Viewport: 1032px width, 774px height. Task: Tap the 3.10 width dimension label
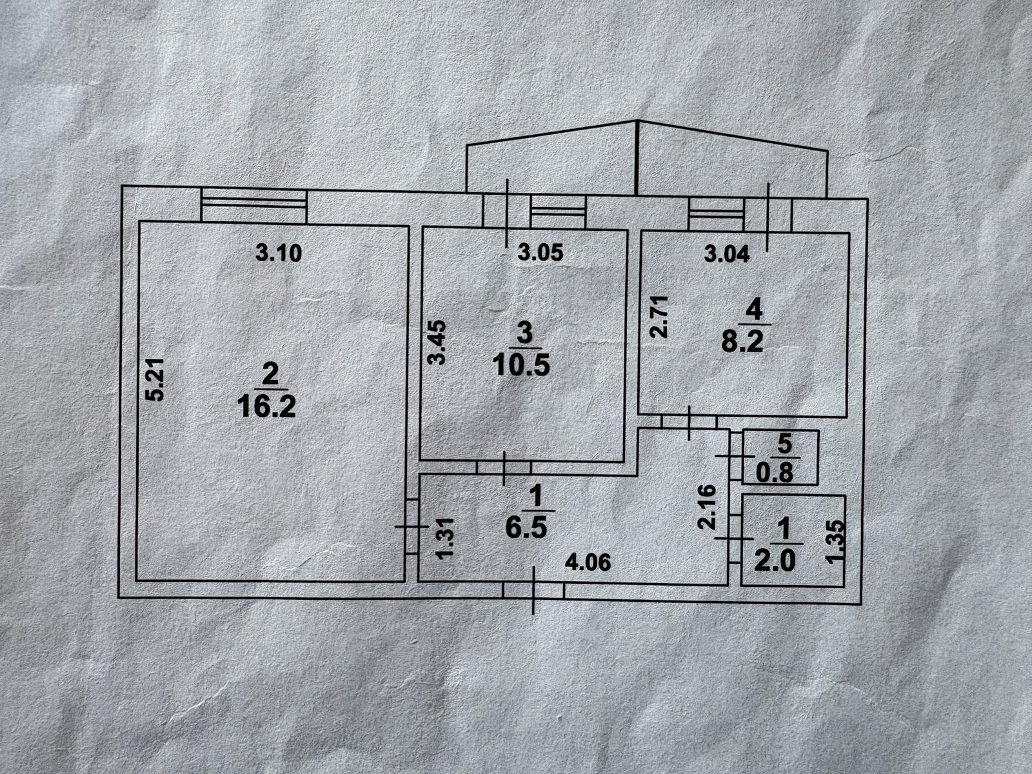tap(279, 253)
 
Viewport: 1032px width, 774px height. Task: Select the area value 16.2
tap(266, 406)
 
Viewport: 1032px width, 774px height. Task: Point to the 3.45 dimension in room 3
tap(437, 342)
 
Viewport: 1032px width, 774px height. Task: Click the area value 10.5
tap(521, 364)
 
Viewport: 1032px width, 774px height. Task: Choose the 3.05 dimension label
tap(541, 253)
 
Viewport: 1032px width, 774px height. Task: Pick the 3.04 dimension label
tap(727, 255)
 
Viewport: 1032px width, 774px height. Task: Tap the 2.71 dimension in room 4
tap(659, 316)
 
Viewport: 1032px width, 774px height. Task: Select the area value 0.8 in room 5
tap(775, 473)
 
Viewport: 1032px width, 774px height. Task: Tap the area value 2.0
tap(775, 561)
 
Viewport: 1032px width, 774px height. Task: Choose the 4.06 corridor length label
tap(588, 562)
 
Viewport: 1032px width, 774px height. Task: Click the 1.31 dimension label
tap(445, 538)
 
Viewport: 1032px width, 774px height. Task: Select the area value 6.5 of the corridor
tap(526, 528)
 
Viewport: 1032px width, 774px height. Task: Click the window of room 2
tap(254, 206)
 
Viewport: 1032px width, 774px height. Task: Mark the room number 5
tap(785, 444)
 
